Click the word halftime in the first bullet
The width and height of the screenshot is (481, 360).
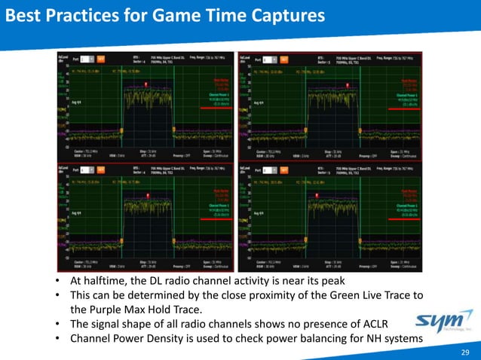click(100, 281)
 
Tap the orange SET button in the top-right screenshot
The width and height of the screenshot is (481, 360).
click(280, 57)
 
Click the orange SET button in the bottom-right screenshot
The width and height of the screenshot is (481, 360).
click(280, 167)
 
